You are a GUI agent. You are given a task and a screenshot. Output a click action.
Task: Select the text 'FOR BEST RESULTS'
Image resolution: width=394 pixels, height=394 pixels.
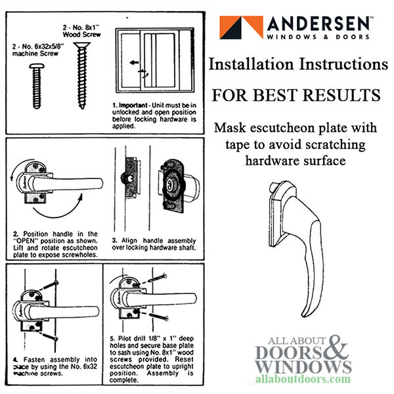(x=295, y=95)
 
